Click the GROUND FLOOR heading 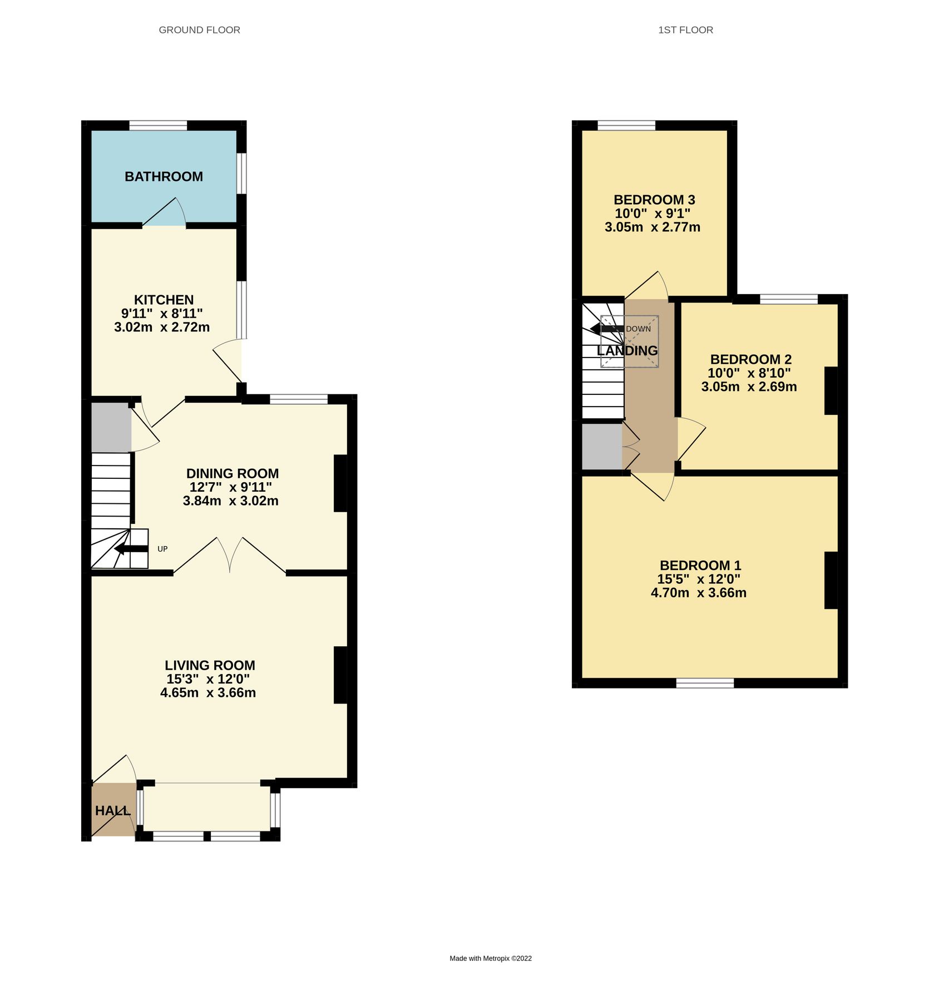[x=199, y=30]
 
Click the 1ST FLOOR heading [x=685, y=30]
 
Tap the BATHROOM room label [x=164, y=177]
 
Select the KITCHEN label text [x=164, y=300]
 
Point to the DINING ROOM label [x=232, y=474]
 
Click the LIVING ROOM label [x=210, y=666]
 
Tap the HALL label [x=113, y=811]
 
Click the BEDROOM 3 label [x=654, y=200]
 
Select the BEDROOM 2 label [x=750, y=359]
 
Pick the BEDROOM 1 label [x=700, y=566]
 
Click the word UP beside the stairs [x=162, y=549]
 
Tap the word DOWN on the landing [x=638, y=329]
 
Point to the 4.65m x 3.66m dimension [x=208, y=693]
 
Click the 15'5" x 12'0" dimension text [x=699, y=579]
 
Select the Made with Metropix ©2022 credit [x=491, y=958]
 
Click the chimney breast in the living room [x=340, y=675]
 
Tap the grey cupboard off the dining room [x=111, y=427]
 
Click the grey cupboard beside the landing [x=601, y=447]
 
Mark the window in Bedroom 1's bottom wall [x=705, y=683]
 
